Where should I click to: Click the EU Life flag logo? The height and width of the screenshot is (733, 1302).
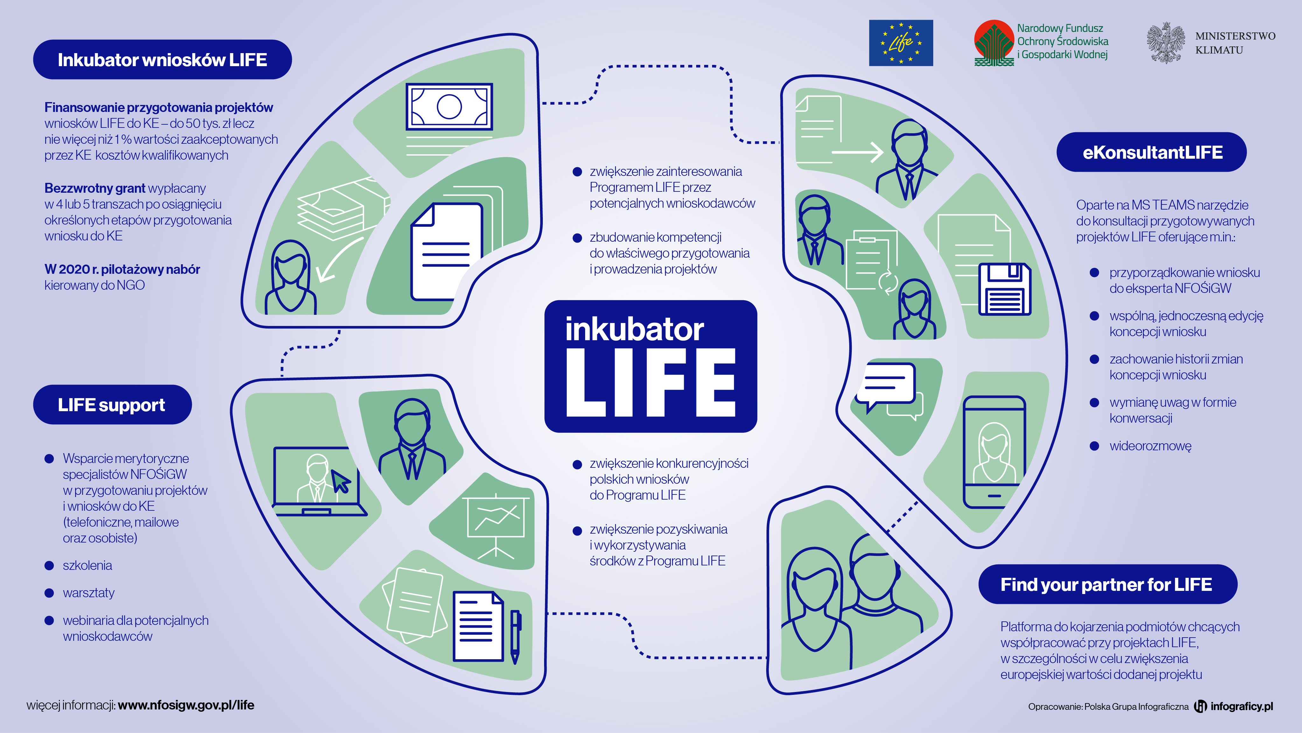[x=901, y=43]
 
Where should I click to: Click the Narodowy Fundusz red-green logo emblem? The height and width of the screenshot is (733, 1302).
[x=994, y=43]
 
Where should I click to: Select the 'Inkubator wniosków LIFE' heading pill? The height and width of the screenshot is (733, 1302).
[x=162, y=59]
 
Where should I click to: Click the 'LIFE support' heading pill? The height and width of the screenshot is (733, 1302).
[x=112, y=405]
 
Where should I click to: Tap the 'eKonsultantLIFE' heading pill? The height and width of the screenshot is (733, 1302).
[x=1151, y=152]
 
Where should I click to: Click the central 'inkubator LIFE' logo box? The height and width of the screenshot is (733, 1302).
[x=650, y=366]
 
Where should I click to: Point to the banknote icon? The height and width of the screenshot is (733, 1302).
[x=449, y=107]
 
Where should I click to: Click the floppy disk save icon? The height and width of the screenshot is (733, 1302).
[x=1004, y=289]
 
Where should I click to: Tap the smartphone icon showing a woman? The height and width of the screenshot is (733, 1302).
[x=994, y=452]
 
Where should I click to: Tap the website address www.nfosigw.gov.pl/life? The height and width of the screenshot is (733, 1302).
[x=186, y=705]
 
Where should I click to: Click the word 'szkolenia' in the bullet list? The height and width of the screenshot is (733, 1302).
[x=87, y=565]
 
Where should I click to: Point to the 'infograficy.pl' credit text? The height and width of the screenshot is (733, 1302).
[x=1241, y=706]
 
